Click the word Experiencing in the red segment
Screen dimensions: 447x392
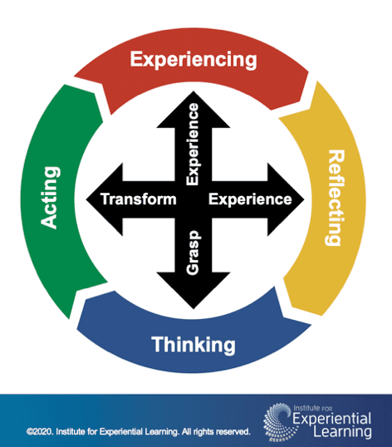[193, 60]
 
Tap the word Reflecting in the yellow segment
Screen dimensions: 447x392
[336, 198]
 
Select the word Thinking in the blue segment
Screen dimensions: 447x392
[194, 344]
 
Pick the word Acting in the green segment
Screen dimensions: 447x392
[51, 198]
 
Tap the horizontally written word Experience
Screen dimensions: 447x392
[249, 199]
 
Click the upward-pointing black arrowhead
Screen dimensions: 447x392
[193, 96]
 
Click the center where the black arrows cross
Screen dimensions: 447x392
[193, 199]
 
